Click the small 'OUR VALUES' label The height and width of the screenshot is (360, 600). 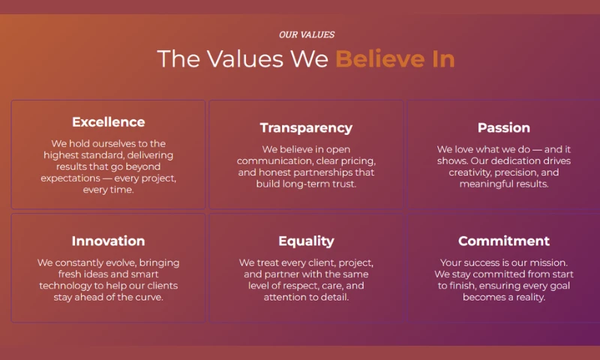point(307,34)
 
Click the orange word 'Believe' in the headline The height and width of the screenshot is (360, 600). point(380,59)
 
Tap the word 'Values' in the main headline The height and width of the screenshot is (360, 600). point(245,59)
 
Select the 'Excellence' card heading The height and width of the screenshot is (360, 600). point(108,122)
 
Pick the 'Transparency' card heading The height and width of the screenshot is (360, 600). point(306,127)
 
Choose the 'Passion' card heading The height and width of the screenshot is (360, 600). point(503,127)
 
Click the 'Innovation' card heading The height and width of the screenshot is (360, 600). point(108,241)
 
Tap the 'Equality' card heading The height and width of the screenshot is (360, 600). point(306,241)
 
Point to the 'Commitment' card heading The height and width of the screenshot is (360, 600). point(503,241)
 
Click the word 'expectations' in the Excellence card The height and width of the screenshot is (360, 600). point(70,178)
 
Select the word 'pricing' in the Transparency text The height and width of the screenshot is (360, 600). point(361,161)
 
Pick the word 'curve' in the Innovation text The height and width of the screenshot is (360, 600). point(151,297)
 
